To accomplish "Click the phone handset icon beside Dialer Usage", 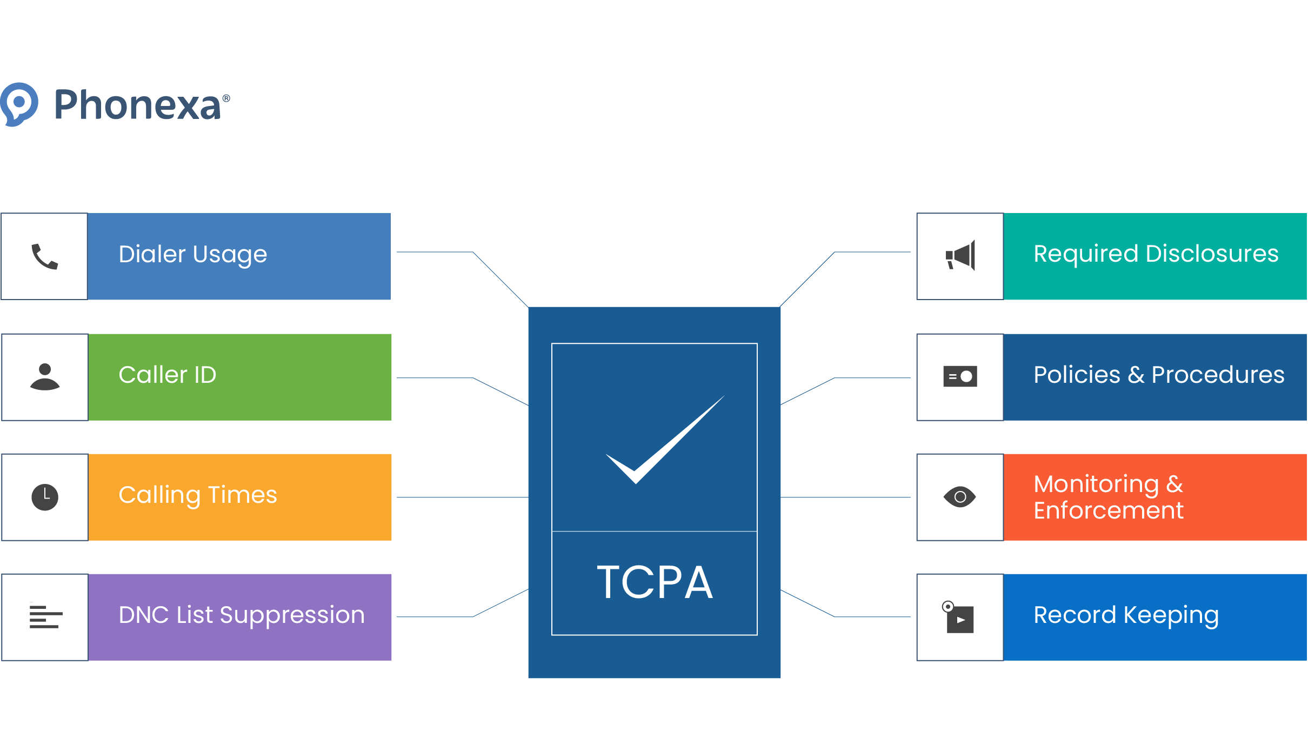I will tap(45, 256).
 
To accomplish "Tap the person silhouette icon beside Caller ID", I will tap(45, 377).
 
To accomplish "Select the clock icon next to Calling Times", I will tap(45, 497).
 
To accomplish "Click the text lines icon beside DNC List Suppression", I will tap(45, 617).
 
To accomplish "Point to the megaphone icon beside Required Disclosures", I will tap(960, 256).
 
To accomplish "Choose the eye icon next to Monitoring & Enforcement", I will tap(960, 497).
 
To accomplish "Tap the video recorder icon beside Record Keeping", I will tap(959, 618).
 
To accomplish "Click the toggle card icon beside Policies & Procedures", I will tap(960, 376).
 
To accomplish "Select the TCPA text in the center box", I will tap(655, 583).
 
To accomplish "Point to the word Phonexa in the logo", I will tap(137, 105).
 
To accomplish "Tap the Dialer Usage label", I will tap(193, 254).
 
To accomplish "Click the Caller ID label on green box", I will tap(168, 375).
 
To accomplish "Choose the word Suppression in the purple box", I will tap(292, 615).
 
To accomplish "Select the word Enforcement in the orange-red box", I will tap(1108, 510).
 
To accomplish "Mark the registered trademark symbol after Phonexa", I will tap(226, 98).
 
